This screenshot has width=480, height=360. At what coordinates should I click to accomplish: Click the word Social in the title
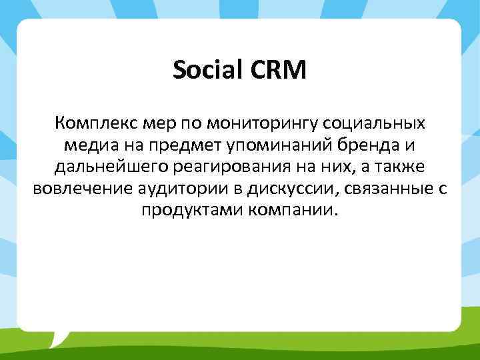(205, 70)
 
